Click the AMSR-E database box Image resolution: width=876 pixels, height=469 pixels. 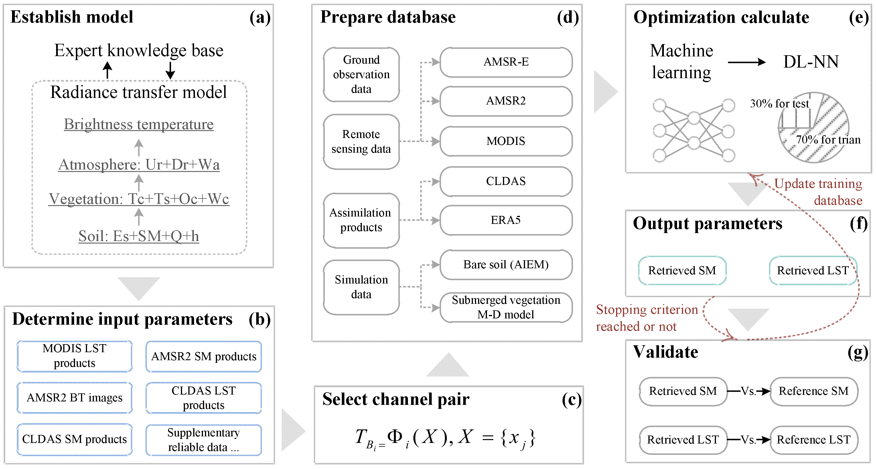(506, 62)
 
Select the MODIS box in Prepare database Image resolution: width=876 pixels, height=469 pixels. (506, 141)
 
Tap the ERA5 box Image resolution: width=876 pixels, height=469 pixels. (506, 220)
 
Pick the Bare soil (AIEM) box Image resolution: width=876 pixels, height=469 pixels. (506, 265)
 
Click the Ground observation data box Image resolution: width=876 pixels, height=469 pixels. (361, 74)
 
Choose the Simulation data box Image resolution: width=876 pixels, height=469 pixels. (361, 287)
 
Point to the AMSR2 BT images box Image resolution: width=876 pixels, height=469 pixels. (74, 398)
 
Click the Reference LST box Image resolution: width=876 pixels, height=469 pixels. (814, 440)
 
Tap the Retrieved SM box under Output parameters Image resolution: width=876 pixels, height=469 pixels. (682, 270)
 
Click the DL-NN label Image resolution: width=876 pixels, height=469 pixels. (811, 62)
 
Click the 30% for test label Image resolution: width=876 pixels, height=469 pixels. (780, 103)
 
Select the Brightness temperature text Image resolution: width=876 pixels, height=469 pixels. (139, 125)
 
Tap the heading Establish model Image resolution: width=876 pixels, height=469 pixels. (72, 17)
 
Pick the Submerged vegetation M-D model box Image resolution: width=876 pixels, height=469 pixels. (506, 308)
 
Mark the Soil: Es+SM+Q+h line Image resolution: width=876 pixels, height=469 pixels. (139, 236)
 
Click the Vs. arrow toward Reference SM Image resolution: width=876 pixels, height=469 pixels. (749, 391)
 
